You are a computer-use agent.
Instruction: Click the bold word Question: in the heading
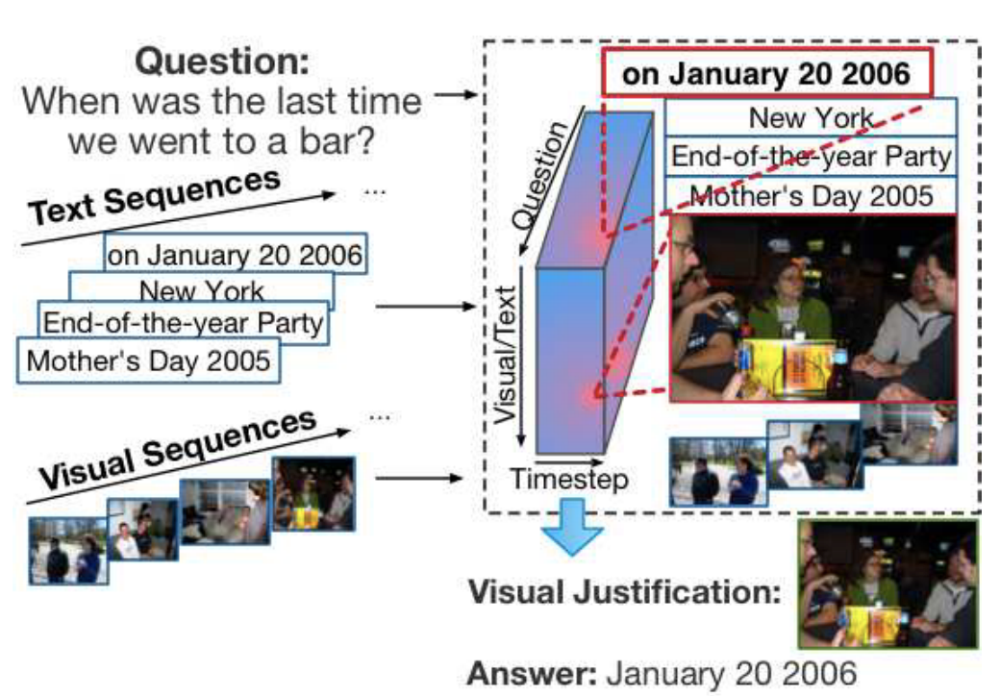pyautogui.click(x=222, y=62)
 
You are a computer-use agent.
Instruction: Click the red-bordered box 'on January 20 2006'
pyautogui.click(x=767, y=73)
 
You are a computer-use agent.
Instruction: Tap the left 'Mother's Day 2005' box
pyautogui.click(x=149, y=360)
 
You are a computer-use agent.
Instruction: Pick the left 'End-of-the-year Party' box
pyautogui.click(x=183, y=322)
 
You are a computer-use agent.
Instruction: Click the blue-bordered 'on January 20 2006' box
pyautogui.click(x=236, y=254)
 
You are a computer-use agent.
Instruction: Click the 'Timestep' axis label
pyautogui.click(x=569, y=480)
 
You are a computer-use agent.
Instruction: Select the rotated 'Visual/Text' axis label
pyautogui.click(x=505, y=355)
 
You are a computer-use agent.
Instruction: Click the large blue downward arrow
pyautogui.click(x=572, y=527)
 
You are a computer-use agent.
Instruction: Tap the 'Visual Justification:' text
pyautogui.click(x=624, y=591)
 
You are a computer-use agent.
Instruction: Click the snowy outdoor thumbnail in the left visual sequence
pyautogui.click(x=68, y=551)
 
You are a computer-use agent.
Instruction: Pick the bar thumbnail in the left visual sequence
pyautogui.click(x=313, y=494)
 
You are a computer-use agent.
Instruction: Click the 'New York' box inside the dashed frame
pyautogui.click(x=811, y=117)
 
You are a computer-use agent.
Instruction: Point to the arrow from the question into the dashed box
pyautogui.click(x=456, y=95)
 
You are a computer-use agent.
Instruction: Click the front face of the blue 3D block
pyautogui.click(x=569, y=360)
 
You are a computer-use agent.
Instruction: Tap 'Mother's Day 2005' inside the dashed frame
pyautogui.click(x=811, y=196)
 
